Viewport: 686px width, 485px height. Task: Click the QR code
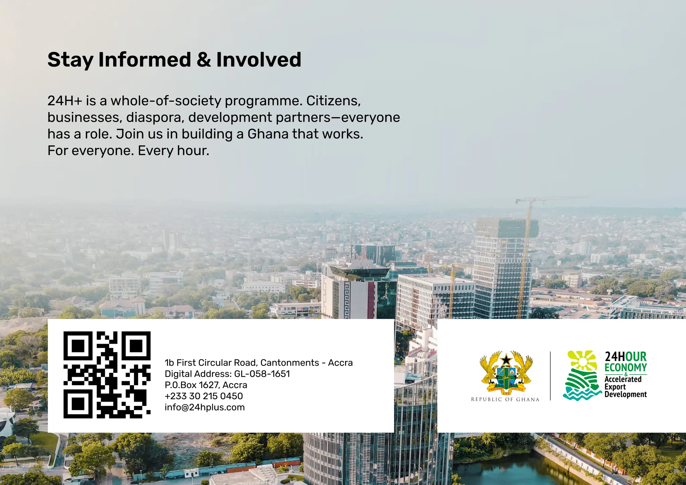coord(107,375)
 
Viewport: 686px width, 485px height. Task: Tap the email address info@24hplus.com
coord(205,407)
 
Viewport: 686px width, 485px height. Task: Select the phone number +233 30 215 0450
coord(204,396)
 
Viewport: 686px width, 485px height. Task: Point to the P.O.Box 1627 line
coord(206,385)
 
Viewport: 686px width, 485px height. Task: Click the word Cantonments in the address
coord(290,363)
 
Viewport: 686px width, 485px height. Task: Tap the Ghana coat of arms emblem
coord(506,372)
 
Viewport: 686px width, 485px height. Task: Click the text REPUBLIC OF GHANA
coord(505,399)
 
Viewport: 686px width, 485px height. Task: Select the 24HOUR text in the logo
coord(625,357)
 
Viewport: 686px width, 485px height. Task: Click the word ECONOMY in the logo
coord(625,367)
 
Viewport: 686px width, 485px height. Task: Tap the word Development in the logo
coord(625,395)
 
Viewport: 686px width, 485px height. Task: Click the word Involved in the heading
coord(259,60)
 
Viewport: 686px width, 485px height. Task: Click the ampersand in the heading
coord(204,60)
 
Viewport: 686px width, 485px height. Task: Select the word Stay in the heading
coord(70,60)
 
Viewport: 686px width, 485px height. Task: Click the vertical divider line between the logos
coord(550,376)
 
